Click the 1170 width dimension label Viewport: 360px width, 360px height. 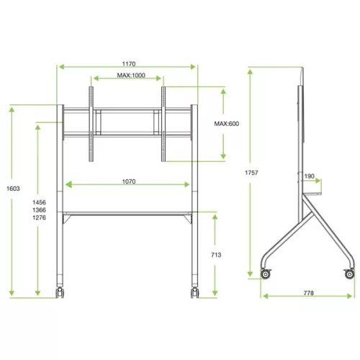tap(128, 63)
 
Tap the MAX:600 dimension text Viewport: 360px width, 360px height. tap(226, 124)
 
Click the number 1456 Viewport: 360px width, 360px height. tap(40, 203)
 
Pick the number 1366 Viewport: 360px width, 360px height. tap(40, 210)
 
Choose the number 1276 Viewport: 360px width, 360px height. tap(40, 218)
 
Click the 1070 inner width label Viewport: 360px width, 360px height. tap(128, 182)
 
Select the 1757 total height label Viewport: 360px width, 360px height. tap(251, 173)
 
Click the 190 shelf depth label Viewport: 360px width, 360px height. tap(309, 176)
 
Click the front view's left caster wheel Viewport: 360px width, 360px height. tap(60, 292)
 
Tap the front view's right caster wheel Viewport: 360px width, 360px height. tap(194, 292)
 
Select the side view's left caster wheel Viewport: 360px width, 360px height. tap(268, 274)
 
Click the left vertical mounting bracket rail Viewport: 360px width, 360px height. tap(91, 124)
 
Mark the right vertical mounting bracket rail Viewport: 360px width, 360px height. tap(163, 124)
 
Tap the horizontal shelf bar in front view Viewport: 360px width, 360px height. tap(127, 212)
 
